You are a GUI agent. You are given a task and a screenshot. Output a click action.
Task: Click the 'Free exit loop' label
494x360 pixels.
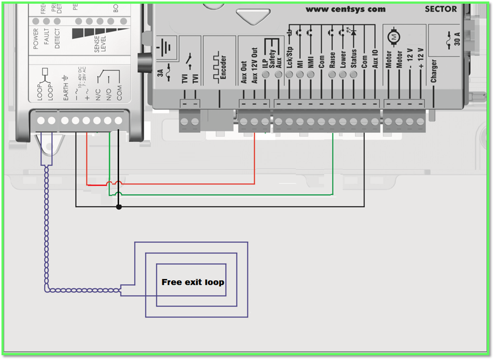(x=193, y=282)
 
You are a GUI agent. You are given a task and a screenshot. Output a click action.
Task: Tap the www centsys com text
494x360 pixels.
(x=346, y=9)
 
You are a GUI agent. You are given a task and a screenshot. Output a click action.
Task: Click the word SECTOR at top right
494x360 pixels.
(x=440, y=9)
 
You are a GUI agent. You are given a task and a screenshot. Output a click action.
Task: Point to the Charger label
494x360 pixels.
(x=434, y=71)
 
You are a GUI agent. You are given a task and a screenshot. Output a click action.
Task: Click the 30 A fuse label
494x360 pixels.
(x=457, y=39)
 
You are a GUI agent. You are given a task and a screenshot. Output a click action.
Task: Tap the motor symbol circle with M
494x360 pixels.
(x=394, y=37)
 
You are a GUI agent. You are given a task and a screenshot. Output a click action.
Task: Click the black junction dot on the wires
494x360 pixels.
(x=119, y=207)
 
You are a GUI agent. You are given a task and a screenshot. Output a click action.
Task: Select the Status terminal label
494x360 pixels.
(x=354, y=58)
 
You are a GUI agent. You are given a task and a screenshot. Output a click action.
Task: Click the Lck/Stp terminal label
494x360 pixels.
(x=289, y=57)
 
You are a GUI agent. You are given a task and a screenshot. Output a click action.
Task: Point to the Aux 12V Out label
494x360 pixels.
(x=254, y=65)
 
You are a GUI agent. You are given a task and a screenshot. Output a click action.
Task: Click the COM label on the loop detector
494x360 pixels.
(x=119, y=93)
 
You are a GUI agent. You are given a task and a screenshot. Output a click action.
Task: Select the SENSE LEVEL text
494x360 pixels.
(x=100, y=44)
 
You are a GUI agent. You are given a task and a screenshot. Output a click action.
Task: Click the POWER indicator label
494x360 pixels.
(x=36, y=39)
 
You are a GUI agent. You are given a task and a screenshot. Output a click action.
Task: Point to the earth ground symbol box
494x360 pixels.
(x=166, y=48)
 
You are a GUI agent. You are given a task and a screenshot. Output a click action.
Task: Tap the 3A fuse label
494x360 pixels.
(x=160, y=73)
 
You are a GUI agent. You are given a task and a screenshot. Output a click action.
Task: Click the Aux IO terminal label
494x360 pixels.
(x=375, y=59)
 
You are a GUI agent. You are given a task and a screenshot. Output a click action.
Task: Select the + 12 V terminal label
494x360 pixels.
(x=421, y=58)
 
